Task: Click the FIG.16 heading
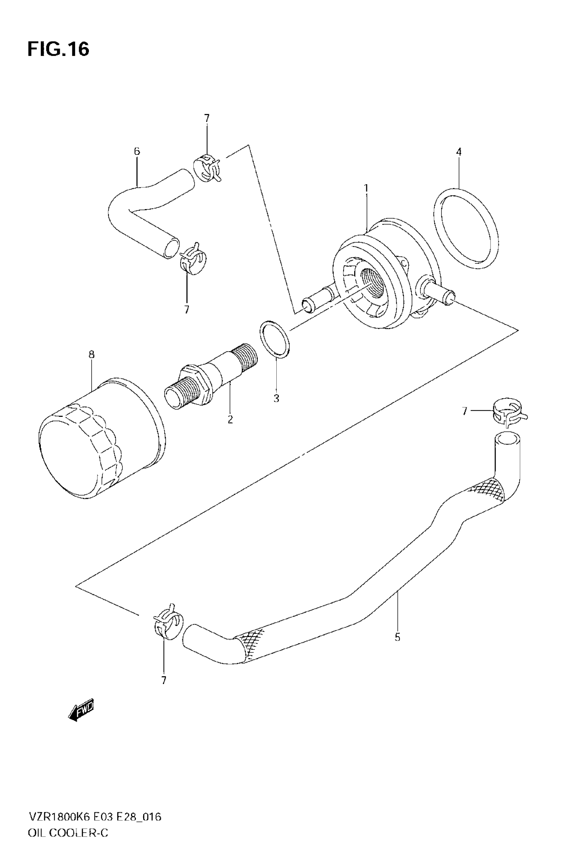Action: coord(58,49)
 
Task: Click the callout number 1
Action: coord(366,188)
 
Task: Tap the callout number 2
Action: coord(230,419)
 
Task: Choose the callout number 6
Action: coord(137,151)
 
